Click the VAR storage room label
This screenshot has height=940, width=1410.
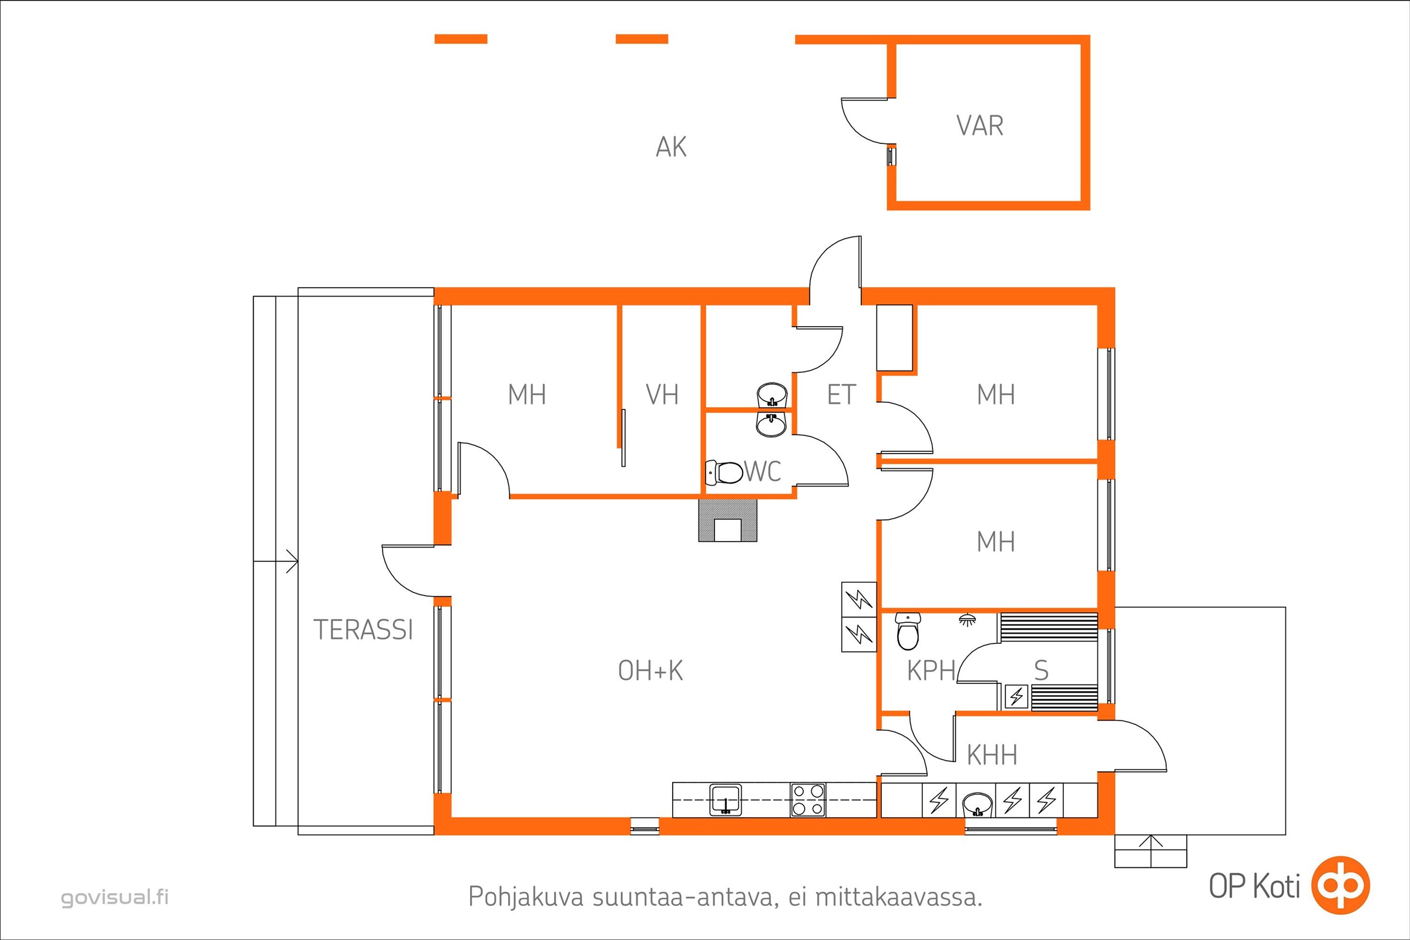tap(979, 126)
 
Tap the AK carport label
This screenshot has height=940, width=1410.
tap(671, 147)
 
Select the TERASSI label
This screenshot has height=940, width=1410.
tap(363, 630)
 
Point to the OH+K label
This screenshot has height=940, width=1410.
tap(650, 671)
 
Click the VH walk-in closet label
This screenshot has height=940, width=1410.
tap(662, 395)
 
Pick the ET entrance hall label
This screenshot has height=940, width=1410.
tap(841, 395)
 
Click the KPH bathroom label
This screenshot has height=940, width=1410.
tap(931, 671)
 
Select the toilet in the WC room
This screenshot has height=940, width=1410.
tap(724, 472)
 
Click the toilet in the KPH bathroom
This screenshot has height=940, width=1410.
tap(908, 631)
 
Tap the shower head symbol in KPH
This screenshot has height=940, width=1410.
tap(966, 619)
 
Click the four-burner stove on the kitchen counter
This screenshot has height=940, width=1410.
tap(808, 800)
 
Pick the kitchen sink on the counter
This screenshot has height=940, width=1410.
tap(726, 800)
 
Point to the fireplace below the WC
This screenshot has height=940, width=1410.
tap(728, 521)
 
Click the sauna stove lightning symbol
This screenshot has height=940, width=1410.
tap(1017, 697)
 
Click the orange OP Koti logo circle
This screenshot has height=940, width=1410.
tap(1341, 885)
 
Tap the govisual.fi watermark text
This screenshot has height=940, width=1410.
tap(115, 898)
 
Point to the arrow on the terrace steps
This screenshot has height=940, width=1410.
tap(276, 561)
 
